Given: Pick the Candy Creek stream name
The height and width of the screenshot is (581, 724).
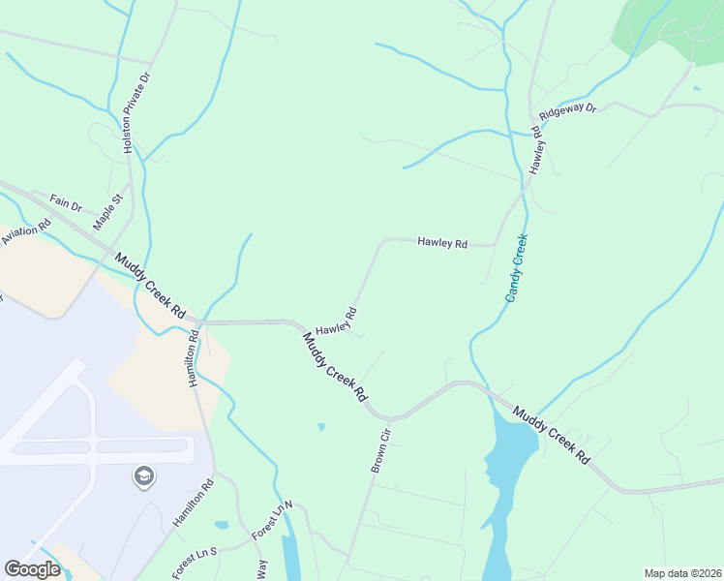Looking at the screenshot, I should [517, 268].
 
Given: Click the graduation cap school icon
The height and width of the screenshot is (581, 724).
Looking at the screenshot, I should [143, 476].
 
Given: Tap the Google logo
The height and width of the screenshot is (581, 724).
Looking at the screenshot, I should [32, 569].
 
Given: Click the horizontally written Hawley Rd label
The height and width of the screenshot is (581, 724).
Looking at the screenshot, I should [442, 242].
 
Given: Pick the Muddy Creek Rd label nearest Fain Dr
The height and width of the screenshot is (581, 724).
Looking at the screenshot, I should [151, 286].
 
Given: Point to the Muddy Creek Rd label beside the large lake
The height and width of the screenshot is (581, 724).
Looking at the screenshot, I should [551, 435].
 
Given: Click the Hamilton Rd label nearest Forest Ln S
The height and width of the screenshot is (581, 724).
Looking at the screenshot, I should [194, 503].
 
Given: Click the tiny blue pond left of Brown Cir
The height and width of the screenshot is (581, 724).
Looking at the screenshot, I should [320, 426].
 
